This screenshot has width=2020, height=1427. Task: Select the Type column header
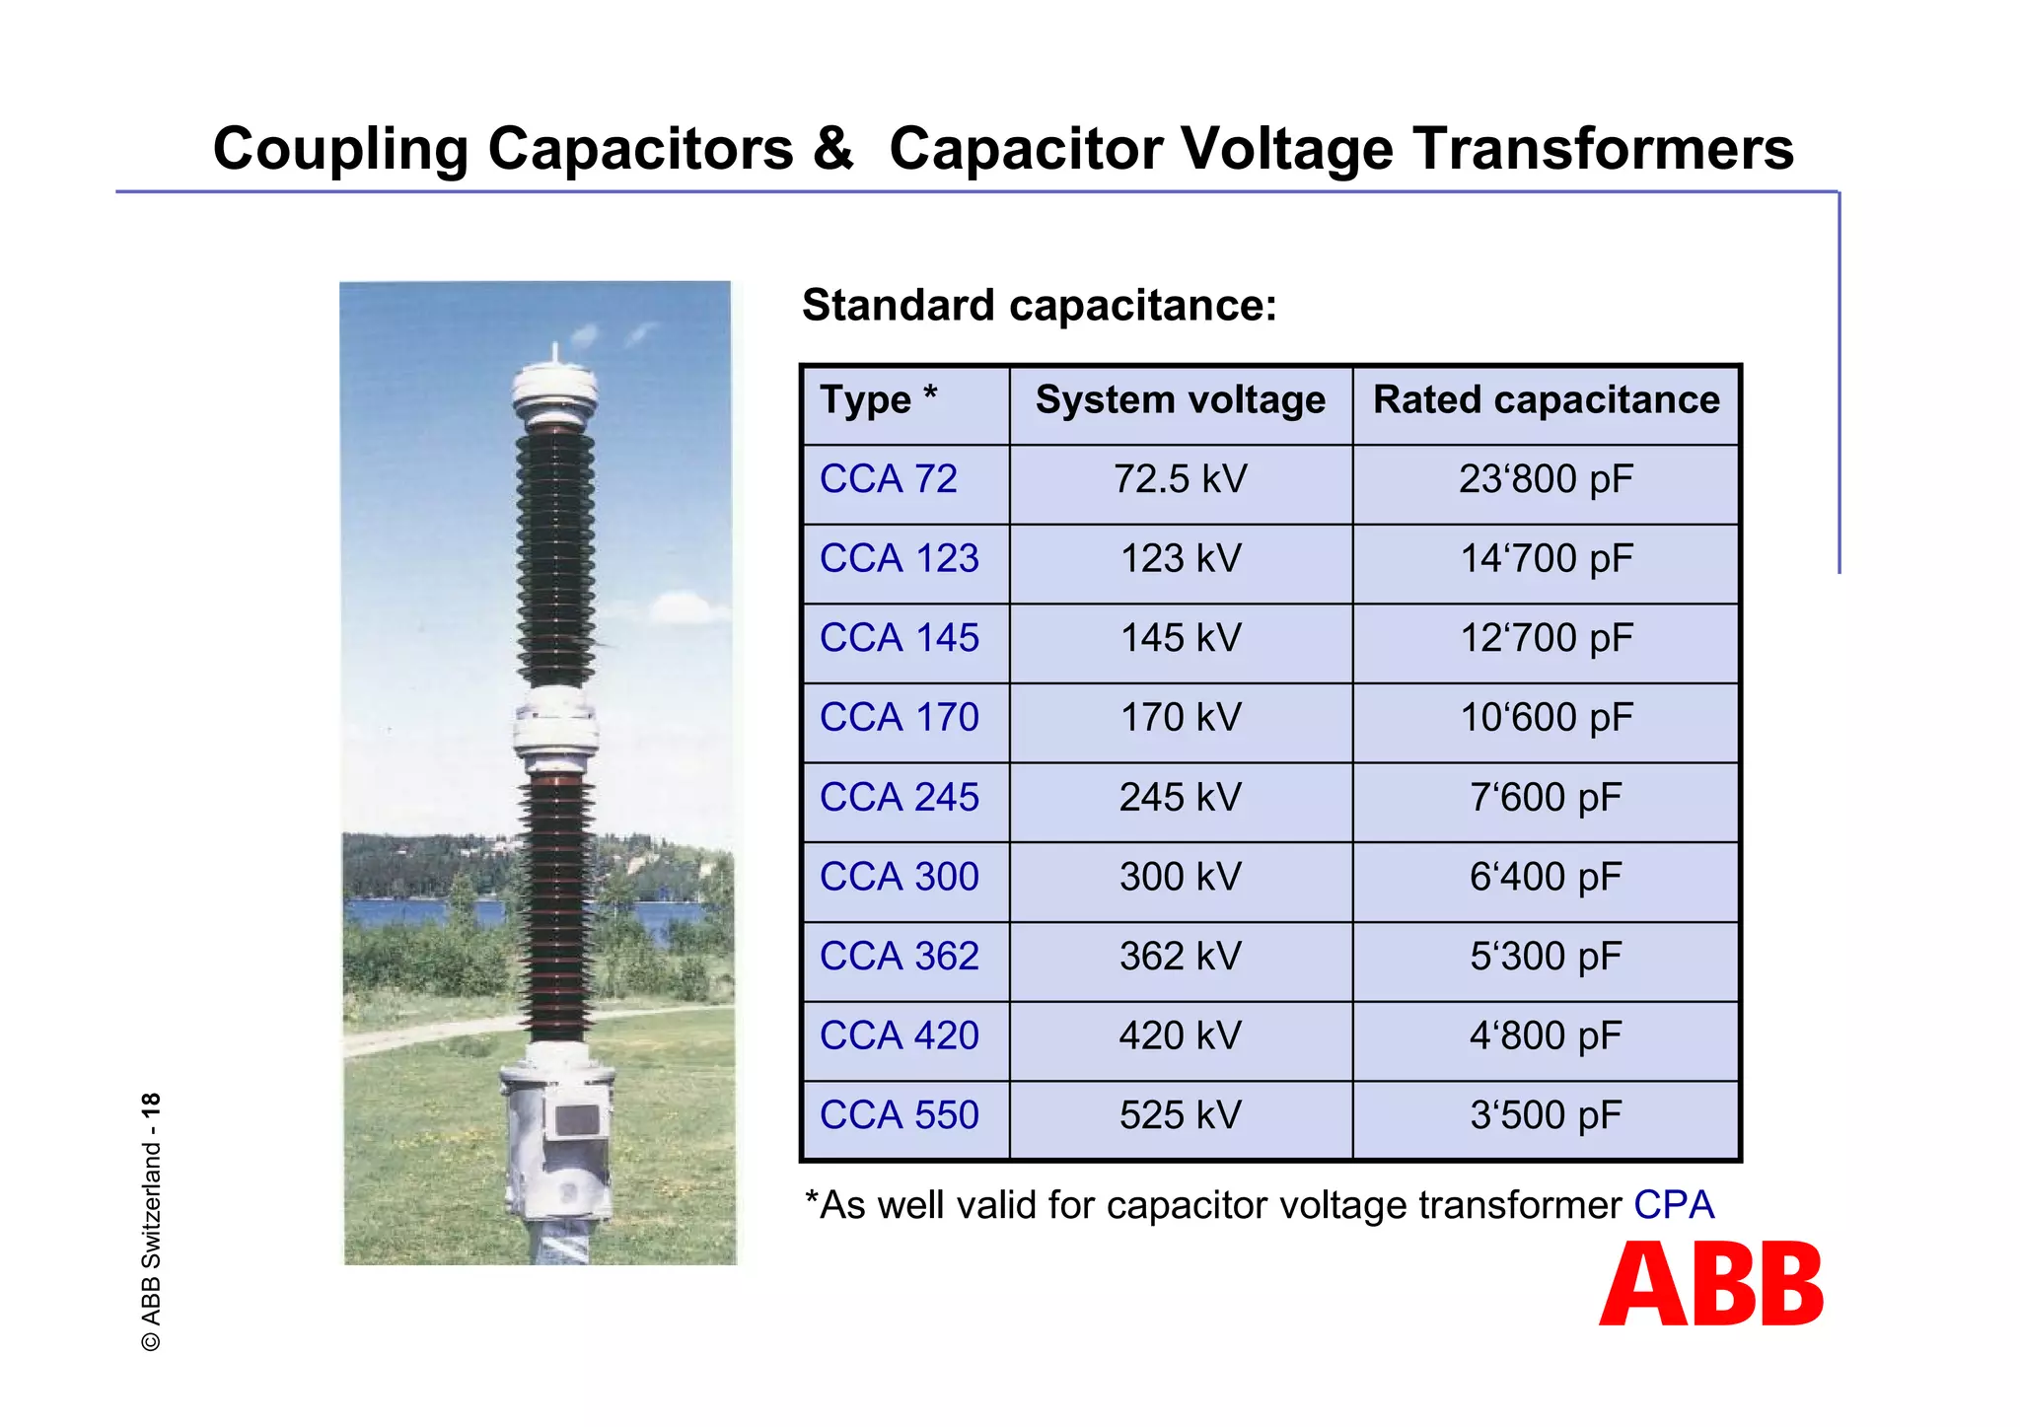pyautogui.click(x=878, y=400)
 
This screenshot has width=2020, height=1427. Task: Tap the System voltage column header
pyautogui.click(x=1180, y=400)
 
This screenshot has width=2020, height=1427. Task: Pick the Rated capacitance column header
pyautogui.click(x=1546, y=400)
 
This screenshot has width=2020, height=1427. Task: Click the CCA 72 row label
pyautogui.click(x=888, y=480)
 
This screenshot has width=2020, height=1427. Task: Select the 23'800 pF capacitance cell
pyautogui.click(x=1546, y=480)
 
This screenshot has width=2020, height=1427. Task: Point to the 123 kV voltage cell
pyautogui.click(x=1180, y=559)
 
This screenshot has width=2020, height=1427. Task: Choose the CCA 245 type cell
pyautogui.click(x=899, y=798)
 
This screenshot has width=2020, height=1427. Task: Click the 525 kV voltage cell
pyautogui.click(x=1180, y=1115)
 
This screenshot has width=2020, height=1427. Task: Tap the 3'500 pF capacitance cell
pyautogui.click(x=1546, y=1115)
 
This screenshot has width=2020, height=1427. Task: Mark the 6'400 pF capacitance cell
pyautogui.click(x=1546, y=877)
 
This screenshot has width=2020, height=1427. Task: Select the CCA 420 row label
pyautogui.click(x=899, y=1036)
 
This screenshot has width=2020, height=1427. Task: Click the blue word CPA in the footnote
pyautogui.click(x=1674, y=1205)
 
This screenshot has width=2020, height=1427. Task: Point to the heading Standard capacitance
pyautogui.click(x=1039, y=306)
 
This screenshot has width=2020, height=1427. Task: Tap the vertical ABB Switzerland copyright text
pyautogui.click(x=151, y=1223)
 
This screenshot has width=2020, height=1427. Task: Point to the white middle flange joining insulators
pyautogui.click(x=555, y=731)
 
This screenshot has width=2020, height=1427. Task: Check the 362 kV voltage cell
pyautogui.click(x=1180, y=957)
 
